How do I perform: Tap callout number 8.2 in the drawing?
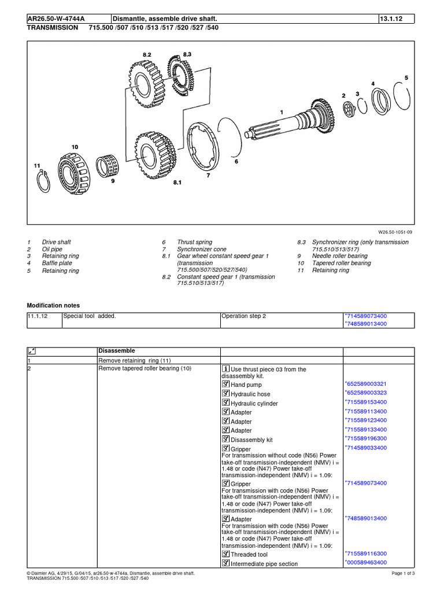(146, 54)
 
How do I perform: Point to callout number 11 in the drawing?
(37, 166)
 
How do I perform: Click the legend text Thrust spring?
(194, 242)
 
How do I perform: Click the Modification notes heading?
(54, 305)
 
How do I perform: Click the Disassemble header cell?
(117, 351)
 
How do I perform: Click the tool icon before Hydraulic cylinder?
(225, 403)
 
